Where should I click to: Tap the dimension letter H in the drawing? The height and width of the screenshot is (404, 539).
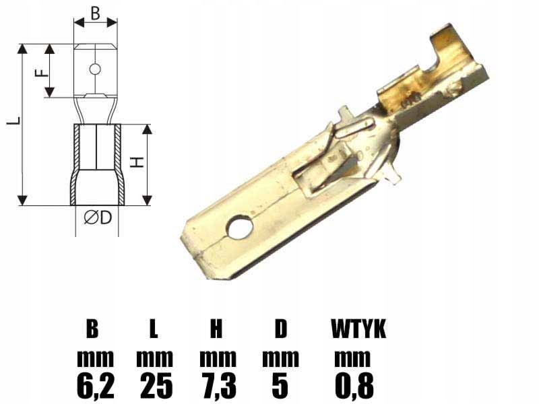[137, 162]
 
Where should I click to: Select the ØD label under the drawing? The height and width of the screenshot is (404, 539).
[97, 217]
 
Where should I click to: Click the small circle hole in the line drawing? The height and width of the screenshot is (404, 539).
[94, 69]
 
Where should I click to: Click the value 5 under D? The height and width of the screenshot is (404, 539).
[280, 386]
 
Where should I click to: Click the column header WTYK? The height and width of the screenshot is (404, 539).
[358, 329]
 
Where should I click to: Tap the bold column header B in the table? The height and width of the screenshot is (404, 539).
[92, 329]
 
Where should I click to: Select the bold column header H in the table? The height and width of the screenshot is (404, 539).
[216, 329]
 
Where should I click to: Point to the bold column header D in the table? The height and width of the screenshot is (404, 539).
[280, 329]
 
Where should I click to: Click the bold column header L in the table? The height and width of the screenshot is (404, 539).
[154, 329]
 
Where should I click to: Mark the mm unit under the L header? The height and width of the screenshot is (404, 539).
[155, 358]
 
